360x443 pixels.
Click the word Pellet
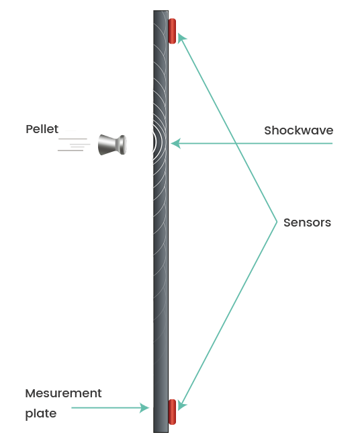click(42, 129)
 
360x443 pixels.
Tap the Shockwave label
click(298, 130)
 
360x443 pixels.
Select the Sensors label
click(307, 223)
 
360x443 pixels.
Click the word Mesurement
click(63, 393)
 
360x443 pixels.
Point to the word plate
click(41, 413)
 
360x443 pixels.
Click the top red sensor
click(172, 31)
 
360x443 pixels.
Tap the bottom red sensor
click(172, 411)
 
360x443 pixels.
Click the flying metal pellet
click(112, 145)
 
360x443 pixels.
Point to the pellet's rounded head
click(122, 145)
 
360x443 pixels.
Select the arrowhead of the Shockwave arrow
click(175, 144)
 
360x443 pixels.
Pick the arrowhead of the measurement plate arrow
click(144, 407)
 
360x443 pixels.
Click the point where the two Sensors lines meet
click(277, 222)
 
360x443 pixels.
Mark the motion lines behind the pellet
click(73, 145)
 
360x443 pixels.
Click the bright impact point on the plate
click(154, 143)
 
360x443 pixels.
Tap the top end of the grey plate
click(161, 11)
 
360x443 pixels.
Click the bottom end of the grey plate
click(161, 432)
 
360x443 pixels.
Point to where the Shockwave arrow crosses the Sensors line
click(236, 144)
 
